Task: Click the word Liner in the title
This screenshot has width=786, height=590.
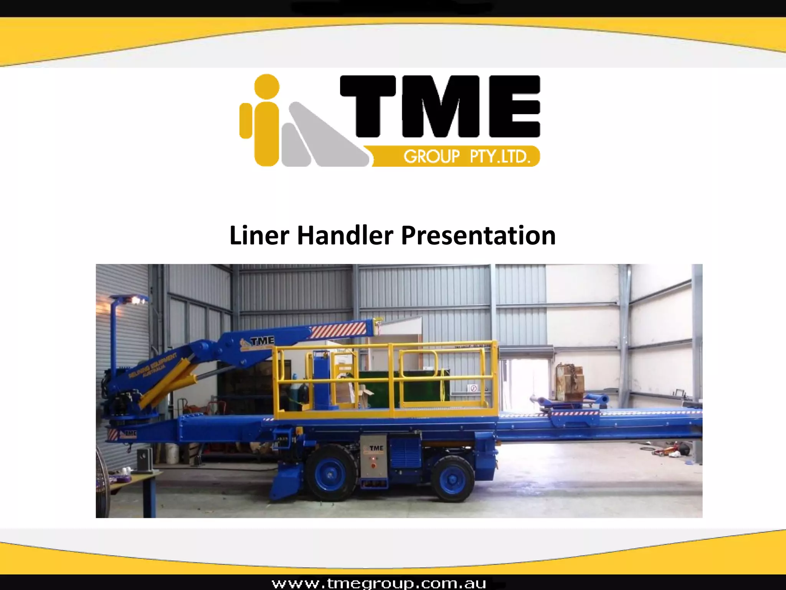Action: (x=259, y=235)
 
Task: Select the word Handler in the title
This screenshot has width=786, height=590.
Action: (x=345, y=235)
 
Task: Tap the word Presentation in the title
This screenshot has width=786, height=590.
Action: (x=478, y=235)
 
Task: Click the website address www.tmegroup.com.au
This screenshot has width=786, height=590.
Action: (x=379, y=583)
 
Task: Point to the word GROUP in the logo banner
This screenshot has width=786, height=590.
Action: (x=431, y=157)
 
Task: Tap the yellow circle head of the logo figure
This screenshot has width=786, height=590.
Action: (x=267, y=86)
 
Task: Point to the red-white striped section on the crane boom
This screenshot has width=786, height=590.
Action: (x=338, y=330)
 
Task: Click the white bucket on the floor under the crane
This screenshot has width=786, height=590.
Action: (x=172, y=453)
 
